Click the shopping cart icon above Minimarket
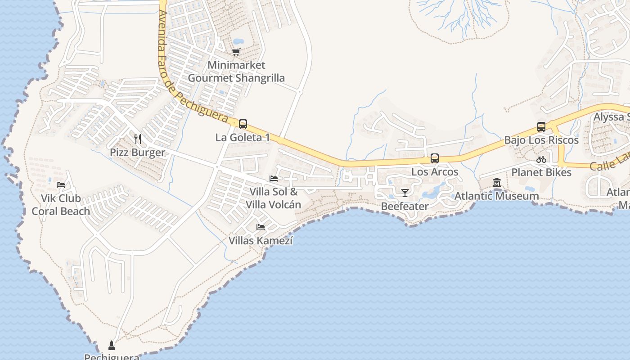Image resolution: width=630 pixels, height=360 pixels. pyautogui.click(x=236, y=52)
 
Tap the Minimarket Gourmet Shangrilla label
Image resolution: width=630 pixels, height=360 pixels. pyautogui.click(x=236, y=72)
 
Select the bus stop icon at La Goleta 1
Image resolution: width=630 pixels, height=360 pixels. pyautogui.click(x=243, y=124)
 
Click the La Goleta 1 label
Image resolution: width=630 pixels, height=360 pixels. pyautogui.click(x=243, y=138)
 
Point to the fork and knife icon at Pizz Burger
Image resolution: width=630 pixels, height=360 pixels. pyautogui.click(x=138, y=139)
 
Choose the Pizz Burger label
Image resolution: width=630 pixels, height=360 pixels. pyautogui.click(x=138, y=153)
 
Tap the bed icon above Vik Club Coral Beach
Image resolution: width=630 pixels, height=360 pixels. pyautogui.click(x=61, y=184)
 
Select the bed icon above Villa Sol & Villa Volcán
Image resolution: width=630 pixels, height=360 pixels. pyautogui.click(x=274, y=179)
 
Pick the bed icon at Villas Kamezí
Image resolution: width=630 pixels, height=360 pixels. pyautogui.click(x=261, y=227)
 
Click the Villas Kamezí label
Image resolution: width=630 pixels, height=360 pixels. pyautogui.click(x=261, y=241)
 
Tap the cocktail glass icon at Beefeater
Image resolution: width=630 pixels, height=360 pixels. pyautogui.click(x=405, y=193)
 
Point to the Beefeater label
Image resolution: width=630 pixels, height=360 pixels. pyautogui.click(x=405, y=207)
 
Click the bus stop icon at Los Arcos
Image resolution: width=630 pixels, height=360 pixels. pyautogui.click(x=435, y=158)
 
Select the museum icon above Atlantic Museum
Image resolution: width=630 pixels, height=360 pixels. pyautogui.click(x=497, y=183)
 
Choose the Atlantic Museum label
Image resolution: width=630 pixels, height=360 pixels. pyautogui.click(x=497, y=196)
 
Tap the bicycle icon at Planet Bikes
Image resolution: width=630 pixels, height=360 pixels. pyautogui.click(x=541, y=159)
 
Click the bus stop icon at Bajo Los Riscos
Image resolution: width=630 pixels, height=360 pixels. pyautogui.click(x=541, y=127)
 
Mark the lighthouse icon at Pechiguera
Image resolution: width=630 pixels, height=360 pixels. pyautogui.click(x=112, y=346)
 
